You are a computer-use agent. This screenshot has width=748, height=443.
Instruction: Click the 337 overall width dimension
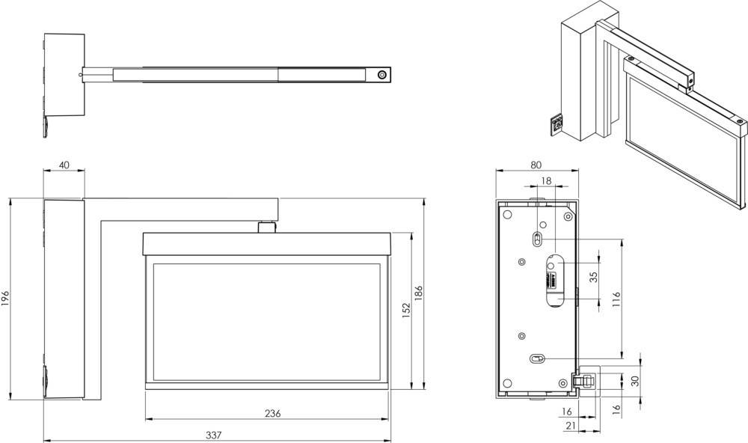pyautogui.click(x=214, y=434)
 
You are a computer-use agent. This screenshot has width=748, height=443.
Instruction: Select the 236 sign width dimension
pyautogui.click(x=272, y=413)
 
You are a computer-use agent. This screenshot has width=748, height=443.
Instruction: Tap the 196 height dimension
pyautogui.click(x=6, y=297)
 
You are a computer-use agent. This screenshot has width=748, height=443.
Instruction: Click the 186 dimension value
pyautogui.click(x=419, y=292)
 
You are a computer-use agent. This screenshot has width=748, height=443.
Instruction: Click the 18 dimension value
pyautogui.click(x=546, y=180)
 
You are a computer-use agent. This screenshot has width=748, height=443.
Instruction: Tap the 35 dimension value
pyautogui.click(x=594, y=277)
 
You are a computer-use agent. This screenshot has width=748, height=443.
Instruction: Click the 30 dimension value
pyautogui.click(x=635, y=380)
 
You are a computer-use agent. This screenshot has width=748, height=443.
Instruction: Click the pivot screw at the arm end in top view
pyautogui.click(x=382, y=75)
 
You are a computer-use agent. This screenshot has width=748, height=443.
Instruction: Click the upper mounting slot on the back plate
pyautogui.click(x=536, y=238)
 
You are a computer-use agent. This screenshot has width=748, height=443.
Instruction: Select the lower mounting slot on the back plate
pyautogui.click(x=537, y=358)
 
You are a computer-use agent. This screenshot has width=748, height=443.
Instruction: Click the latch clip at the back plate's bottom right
pyautogui.click(x=586, y=379)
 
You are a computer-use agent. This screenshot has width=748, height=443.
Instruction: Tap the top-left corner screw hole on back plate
pyautogui.click(x=508, y=215)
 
